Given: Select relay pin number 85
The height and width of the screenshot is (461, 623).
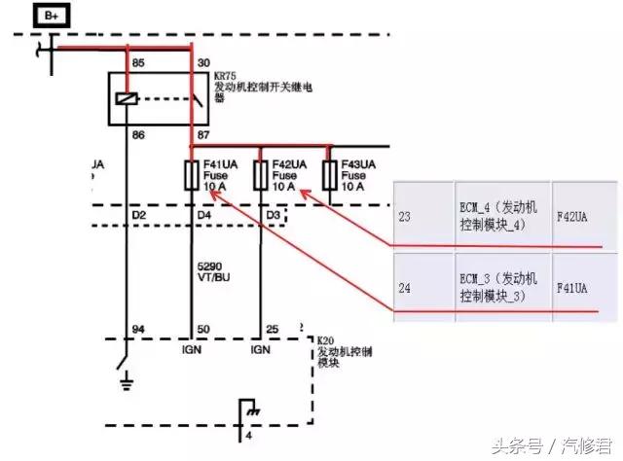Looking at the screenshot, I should click(138, 63).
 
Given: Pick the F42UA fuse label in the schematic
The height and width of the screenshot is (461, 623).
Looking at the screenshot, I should click(289, 163).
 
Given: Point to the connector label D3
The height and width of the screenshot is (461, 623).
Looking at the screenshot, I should click(274, 213).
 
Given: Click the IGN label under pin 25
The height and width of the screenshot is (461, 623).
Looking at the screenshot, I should click(260, 349).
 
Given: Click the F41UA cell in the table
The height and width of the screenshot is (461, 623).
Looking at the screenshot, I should click(571, 288).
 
